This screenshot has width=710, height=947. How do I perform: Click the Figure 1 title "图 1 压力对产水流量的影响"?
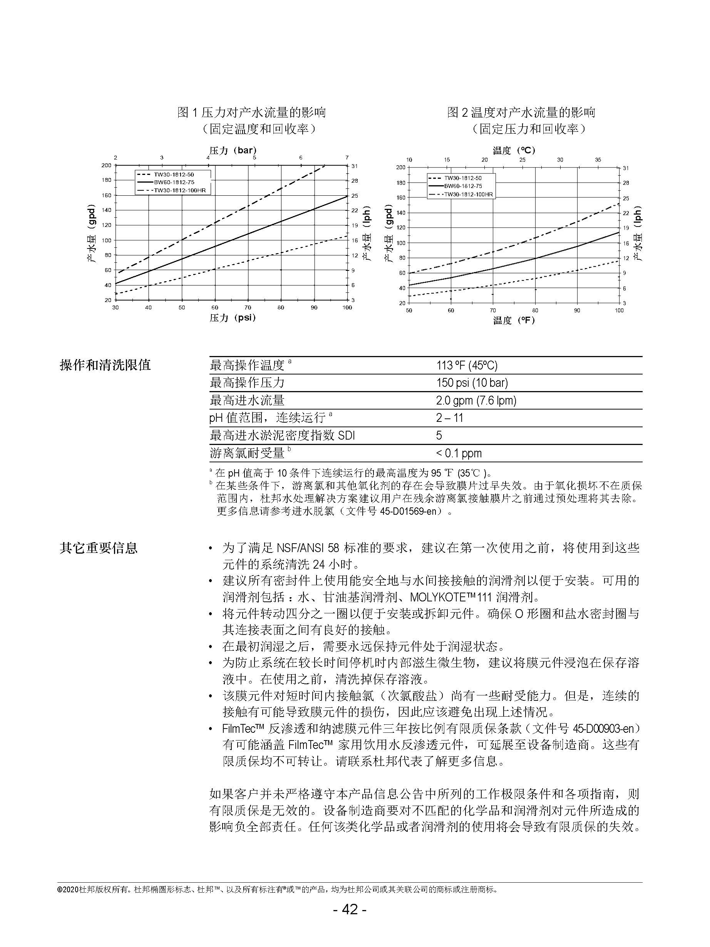click(x=252, y=112)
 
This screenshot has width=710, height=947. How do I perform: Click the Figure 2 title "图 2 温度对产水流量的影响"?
click(x=521, y=112)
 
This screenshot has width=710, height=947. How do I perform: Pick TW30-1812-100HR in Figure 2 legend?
click(x=468, y=194)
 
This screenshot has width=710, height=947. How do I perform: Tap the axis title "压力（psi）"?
click(x=233, y=318)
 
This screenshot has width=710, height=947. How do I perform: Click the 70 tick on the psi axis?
click(x=248, y=307)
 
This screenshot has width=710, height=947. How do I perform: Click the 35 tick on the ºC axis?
click(x=598, y=160)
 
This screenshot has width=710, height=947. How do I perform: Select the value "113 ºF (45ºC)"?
click(x=467, y=366)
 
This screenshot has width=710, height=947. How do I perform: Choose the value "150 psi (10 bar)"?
click(x=472, y=383)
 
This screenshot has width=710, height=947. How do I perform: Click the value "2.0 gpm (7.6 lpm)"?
click(x=476, y=401)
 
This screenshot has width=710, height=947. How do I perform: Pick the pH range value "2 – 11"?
click(x=449, y=418)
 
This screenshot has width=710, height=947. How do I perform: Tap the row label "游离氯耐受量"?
click(x=247, y=453)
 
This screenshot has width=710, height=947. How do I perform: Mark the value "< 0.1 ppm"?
click(x=459, y=453)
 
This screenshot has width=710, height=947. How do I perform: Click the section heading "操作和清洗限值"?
click(x=105, y=365)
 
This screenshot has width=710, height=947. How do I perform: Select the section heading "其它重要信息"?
click(x=99, y=548)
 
